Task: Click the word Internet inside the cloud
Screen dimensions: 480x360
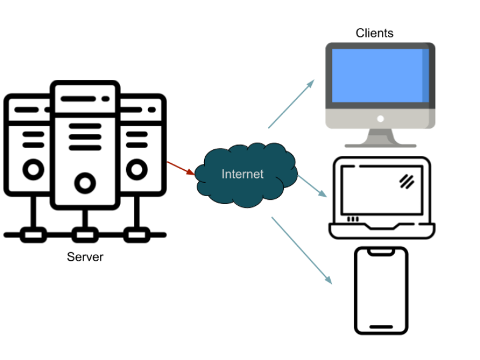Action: point(242,174)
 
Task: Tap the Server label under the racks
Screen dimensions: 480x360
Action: point(85,257)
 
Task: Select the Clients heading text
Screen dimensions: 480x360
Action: point(375,33)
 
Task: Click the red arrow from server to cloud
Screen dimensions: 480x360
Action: point(181,168)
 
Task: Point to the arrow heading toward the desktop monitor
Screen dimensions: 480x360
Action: point(291,104)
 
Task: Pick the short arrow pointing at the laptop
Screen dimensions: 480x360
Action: point(312,186)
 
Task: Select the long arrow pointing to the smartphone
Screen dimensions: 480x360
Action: point(302,251)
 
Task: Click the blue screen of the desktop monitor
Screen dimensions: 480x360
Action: point(380,76)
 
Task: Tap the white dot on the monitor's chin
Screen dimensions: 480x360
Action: point(381,119)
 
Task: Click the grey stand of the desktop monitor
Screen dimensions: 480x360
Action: point(381,138)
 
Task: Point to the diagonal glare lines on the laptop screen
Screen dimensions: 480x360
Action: point(407,182)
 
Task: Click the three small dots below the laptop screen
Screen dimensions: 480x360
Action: point(353,219)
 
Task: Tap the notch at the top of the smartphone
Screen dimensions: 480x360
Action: point(381,252)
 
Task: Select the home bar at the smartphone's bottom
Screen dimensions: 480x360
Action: point(381,327)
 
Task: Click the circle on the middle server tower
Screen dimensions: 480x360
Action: point(85,183)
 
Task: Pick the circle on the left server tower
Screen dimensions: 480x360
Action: point(34,169)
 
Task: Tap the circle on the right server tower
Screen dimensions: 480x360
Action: point(137,169)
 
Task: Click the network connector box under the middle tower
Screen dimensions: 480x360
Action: point(85,235)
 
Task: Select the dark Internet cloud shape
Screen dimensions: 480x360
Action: point(246,175)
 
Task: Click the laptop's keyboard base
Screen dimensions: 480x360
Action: point(382,230)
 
